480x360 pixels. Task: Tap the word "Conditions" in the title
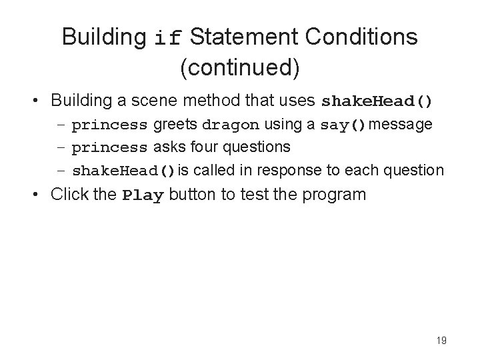(x=361, y=37)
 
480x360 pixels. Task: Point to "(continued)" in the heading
(x=239, y=67)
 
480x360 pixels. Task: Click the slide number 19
(x=441, y=341)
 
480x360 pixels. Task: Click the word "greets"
(x=175, y=125)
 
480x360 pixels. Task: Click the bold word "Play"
(x=143, y=195)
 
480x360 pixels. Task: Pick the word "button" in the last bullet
(x=189, y=195)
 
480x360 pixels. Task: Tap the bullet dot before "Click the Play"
(x=39, y=195)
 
